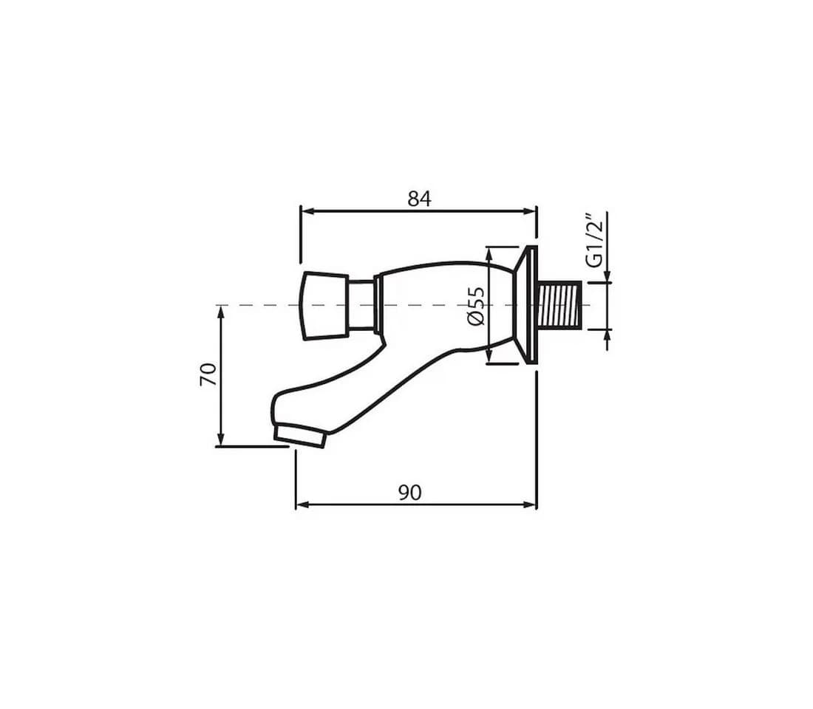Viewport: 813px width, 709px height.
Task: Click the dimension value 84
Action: pos(419,199)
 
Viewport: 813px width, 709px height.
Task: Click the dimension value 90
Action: pos(409,493)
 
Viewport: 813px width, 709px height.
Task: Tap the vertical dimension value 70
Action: pos(208,374)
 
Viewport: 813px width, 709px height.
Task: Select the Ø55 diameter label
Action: pos(475,306)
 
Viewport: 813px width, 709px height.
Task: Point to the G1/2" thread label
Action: pos(595,240)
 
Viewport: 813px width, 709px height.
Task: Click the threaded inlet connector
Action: pos(561,305)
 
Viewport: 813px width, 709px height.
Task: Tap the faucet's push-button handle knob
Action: pos(324,306)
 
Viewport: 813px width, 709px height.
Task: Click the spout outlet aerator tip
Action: pos(300,436)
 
